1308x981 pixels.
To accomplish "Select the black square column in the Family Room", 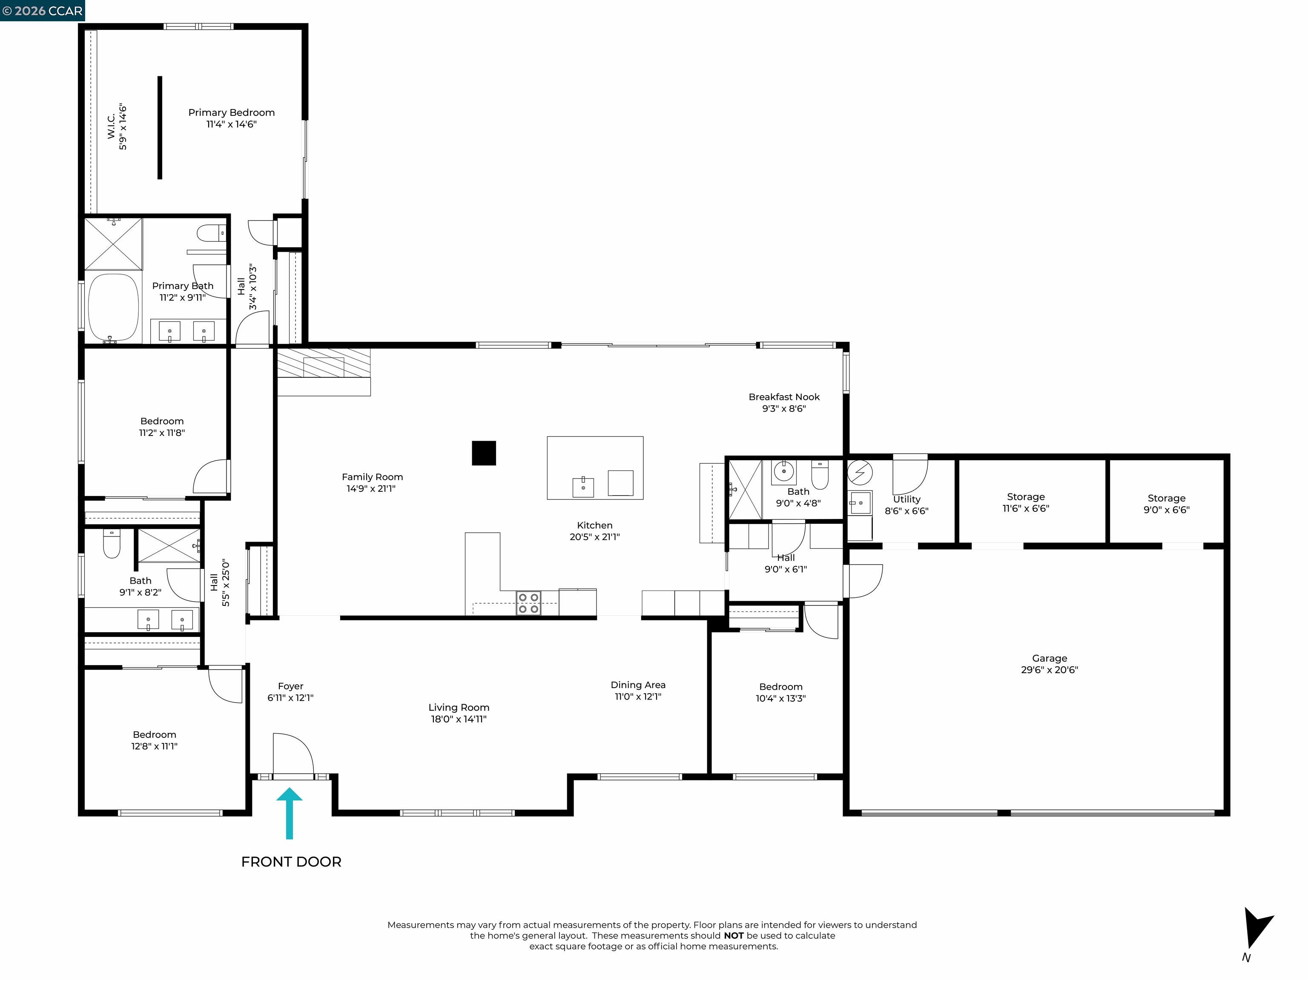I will click(x=484, y=453).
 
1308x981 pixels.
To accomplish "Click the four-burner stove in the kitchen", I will click(x=528, y=603).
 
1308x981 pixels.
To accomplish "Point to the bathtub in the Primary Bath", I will click(x=114, y=307).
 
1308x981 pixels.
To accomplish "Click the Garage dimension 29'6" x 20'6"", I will click(x=1049, y=670).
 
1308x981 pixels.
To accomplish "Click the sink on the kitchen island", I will click(x=583, y=487).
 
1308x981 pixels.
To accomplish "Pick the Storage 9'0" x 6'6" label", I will click(x=1166, y=504).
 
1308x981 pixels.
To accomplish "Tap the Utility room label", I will click(x=906, y=499).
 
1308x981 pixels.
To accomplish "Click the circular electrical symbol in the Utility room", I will click(x=859, y=473).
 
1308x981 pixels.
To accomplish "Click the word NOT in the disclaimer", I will click(x=733, y=935).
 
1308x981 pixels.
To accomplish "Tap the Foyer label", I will click(x=290, y=686).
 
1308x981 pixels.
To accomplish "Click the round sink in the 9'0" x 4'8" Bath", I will click(x=783, y=472).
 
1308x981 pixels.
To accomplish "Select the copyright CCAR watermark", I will click(x=43, y=11).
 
